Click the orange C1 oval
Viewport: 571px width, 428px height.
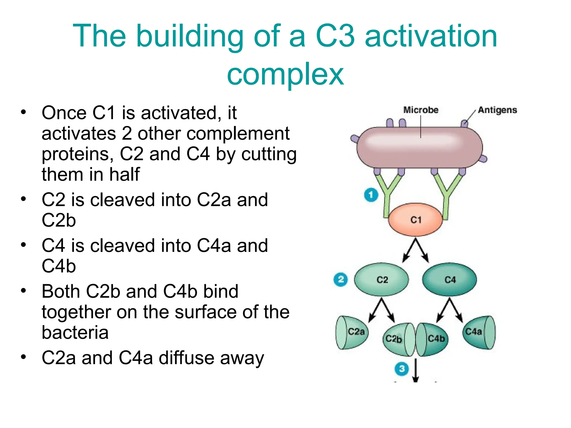pos(415,220)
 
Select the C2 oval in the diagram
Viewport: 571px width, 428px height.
pos(381,279)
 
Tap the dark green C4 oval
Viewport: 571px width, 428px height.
pos(449,279)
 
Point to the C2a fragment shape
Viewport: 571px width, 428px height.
pos(352,332)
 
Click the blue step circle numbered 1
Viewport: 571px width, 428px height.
pos(371,195)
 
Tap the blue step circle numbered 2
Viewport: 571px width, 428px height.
pos(340,279)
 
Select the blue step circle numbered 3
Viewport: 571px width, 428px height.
pos(401,369)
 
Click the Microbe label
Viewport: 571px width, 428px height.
pos(421,110)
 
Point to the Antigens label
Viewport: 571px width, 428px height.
pos(497,110)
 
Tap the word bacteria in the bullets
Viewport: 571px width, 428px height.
pos(75,332)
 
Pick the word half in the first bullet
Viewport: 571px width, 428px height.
pos(124,174)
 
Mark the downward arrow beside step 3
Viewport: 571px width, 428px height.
pos(416,371)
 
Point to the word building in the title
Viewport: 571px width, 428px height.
pos(190,36)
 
